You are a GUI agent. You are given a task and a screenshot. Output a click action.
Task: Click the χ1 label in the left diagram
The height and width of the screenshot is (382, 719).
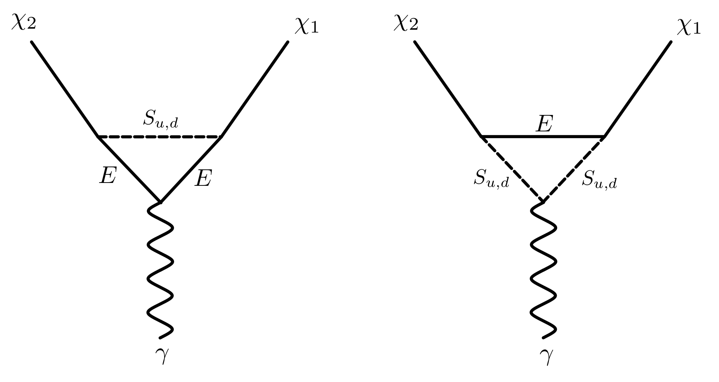pyautogui.click(x=307, y=28)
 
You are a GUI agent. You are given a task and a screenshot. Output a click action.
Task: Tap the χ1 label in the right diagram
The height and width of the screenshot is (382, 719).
pyautogui.click(x=689, y=28)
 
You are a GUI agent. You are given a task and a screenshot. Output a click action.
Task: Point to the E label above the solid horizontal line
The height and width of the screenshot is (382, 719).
pyautogui.click(x=544, y=124)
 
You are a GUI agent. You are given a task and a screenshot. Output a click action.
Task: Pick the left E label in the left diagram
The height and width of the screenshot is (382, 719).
pyautogui.click(x=108, y=175)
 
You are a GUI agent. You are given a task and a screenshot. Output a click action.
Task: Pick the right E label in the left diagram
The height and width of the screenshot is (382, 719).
pyautogui.click(x=203, y=178)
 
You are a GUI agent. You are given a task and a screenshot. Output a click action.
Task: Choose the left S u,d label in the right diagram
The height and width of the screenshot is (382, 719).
pyautogui.click(x=491, y=179)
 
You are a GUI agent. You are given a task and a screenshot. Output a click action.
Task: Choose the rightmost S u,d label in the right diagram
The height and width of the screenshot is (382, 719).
pyautogui.click(x=599, y=179)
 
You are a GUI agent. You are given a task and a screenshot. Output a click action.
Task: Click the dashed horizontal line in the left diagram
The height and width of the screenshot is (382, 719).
pyautogui.click(x=160, y=137)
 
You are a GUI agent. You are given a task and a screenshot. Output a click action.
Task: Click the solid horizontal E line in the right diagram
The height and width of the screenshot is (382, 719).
pyautogui.click(x=543, y=136)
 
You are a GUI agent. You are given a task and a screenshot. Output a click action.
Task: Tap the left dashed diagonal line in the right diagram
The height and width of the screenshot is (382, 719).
pyautogui.click(x=512, y=169)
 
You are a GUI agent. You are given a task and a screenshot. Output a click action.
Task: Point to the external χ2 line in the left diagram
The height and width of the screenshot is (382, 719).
pyautogui.click(x=64, y=89)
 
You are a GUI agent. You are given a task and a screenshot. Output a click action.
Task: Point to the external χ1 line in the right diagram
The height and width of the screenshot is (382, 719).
pyautogui.click(x=638, y=89)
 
